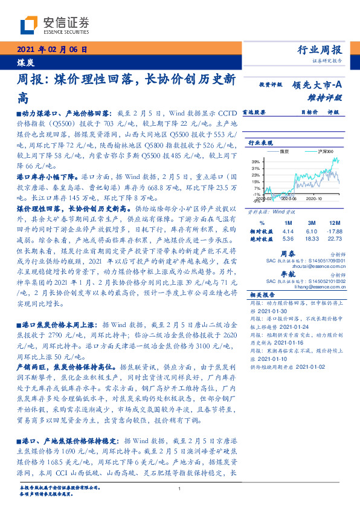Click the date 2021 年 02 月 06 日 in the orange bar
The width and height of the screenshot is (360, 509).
pos(53,50)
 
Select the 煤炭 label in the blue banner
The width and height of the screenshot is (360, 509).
pos(25,62)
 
